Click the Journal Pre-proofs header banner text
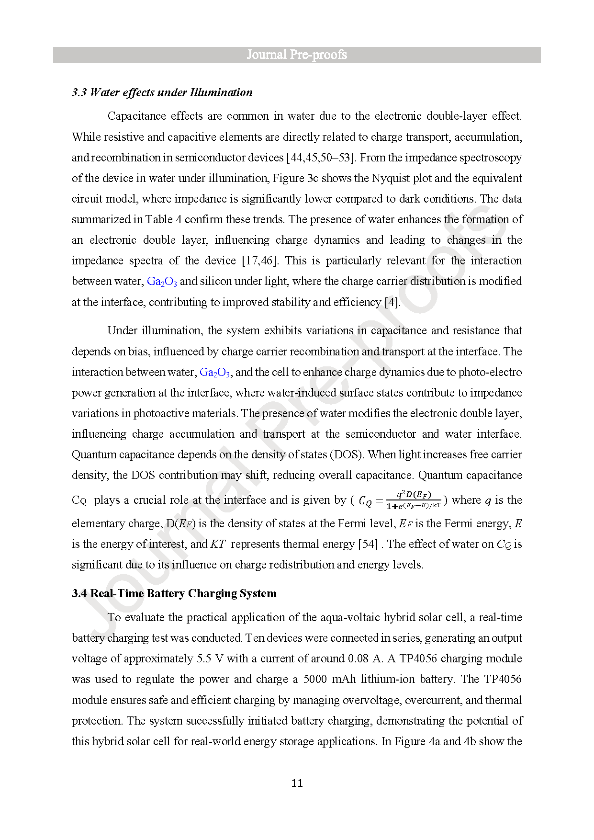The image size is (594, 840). (297, 55)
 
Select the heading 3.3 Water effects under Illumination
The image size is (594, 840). (162, 92)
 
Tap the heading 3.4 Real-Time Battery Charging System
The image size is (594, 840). (174, 593)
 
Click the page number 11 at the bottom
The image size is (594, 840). (297, 783)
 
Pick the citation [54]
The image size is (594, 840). (368, 544)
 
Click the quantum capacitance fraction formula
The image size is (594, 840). (414, 500)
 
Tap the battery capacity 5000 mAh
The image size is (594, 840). (330, 679)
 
